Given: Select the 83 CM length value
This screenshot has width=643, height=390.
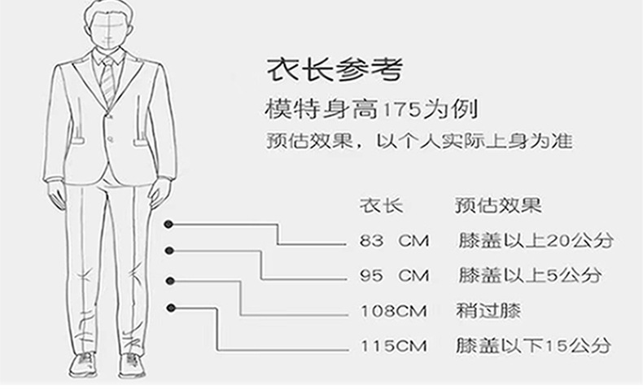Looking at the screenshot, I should click(394, 241).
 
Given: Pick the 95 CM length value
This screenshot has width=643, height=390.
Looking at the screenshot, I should click(394, 275).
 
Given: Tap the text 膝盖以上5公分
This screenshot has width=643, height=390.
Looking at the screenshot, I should click(529, 275).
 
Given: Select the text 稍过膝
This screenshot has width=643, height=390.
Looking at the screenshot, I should click(488, 310).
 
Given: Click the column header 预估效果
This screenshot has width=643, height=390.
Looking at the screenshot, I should click(497, 204).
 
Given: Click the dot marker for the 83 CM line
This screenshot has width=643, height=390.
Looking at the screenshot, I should click(168, 223).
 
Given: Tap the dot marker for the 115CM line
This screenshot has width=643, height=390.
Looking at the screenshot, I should click(172, 307).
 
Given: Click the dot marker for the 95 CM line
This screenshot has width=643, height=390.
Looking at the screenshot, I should click(169, 251).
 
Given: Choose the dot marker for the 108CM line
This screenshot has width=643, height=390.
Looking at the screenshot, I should click(170, 280).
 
